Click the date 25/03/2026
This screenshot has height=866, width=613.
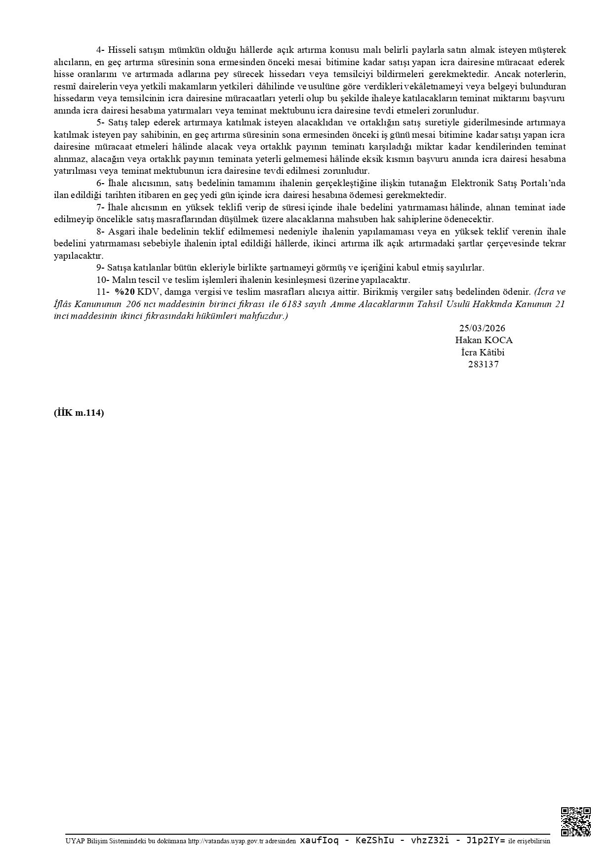482,328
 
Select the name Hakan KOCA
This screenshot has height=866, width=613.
484,340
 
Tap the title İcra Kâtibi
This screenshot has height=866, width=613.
483,353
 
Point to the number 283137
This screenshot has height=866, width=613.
483,365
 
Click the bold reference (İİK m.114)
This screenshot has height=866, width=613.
79,414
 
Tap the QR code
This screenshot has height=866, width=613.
575,822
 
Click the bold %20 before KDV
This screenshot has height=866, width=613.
125,292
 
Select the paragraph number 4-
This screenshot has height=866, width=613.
101,50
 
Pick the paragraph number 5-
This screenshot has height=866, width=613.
101,122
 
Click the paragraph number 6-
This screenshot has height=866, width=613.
101,183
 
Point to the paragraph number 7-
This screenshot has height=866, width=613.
101,207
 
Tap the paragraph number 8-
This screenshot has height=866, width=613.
101,232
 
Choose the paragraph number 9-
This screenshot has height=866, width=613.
101,268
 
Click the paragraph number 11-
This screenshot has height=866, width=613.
102,292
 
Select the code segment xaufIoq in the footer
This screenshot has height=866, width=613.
319,841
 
